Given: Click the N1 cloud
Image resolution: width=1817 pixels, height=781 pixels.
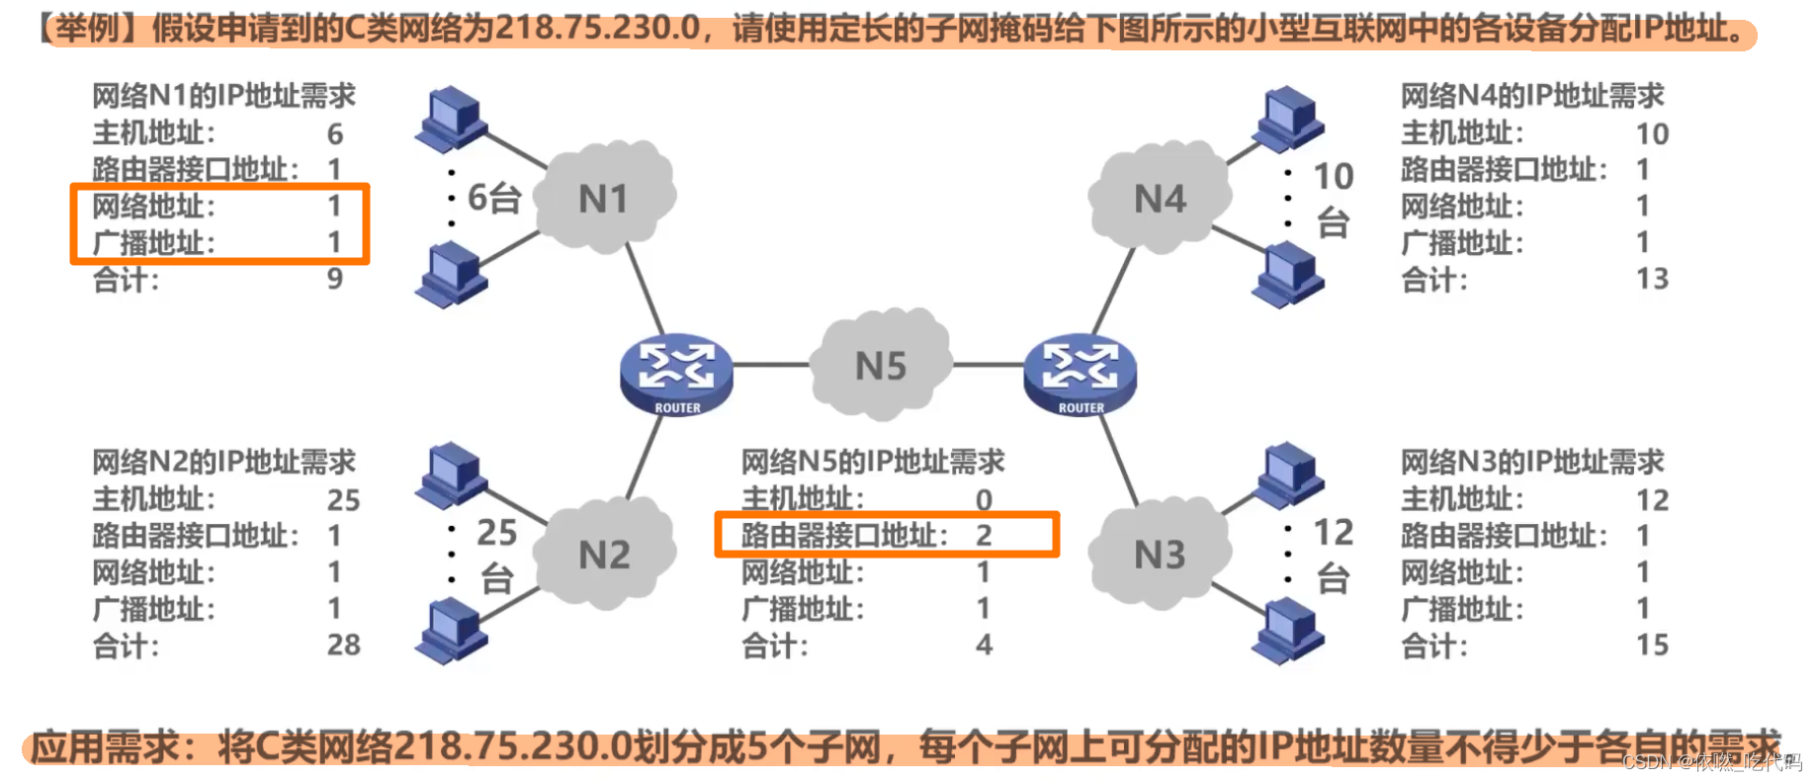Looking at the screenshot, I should (604, 198).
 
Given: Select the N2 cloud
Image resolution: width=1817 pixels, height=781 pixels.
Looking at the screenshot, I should (604, 554).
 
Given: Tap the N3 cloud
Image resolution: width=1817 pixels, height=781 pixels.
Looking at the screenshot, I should (1159, 554).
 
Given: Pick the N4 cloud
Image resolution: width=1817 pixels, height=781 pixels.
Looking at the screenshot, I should (1159, 198).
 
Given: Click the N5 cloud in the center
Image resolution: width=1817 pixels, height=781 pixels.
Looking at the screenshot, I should (880, 366).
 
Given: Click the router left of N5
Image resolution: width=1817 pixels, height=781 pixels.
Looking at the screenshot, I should (676, 374).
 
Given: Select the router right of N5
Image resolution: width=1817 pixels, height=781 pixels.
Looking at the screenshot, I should (1080, 374).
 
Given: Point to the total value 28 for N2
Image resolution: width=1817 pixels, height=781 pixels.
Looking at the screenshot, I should (343, 645).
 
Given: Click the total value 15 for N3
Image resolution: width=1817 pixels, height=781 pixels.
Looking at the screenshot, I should (1652, 645).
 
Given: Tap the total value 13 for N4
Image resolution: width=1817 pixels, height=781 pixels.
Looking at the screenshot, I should (1652, 279).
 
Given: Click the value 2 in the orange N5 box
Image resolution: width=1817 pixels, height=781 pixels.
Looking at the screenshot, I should (984, 535).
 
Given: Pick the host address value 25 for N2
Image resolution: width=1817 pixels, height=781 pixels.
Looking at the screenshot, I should (343, 499).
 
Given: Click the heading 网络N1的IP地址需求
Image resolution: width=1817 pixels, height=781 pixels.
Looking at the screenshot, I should (223, 96).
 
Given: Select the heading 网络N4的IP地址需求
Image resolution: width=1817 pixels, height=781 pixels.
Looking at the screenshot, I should (1532, 96).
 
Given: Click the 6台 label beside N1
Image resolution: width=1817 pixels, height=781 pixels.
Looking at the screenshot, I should (493, 198).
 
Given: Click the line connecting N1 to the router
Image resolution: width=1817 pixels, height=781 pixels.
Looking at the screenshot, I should (646, 287).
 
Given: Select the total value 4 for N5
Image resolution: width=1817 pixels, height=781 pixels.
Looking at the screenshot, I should (984, 645).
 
